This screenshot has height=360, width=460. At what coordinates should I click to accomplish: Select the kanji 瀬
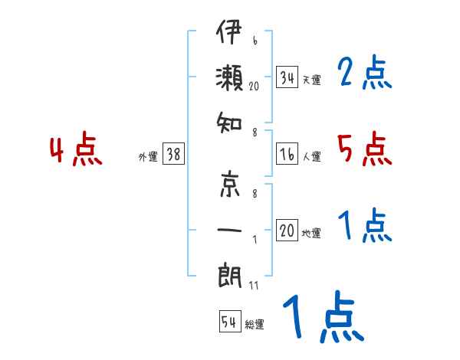click(x=229, y=78)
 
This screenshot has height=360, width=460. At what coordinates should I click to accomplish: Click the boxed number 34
click(x=287, y=77)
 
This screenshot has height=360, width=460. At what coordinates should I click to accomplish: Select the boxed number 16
click(x=287, y=154)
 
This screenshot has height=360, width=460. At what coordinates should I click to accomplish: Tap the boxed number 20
click(x=287, y=231)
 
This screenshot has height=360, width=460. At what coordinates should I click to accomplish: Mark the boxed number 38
click(x=173, y=154)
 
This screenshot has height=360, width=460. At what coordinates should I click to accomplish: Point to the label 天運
click(x=311, y=80)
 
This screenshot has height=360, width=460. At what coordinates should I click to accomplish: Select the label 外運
click(x=148, y=156)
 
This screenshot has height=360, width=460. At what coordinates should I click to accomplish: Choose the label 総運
click(x=255, y=324)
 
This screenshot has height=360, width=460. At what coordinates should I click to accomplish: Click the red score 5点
click(x=364, y=149)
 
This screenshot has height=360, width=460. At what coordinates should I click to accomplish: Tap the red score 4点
click(x=76, y=151)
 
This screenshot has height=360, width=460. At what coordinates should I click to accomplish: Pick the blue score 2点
click(x=365, y=74)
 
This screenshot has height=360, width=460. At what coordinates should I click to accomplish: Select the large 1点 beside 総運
click(x=322, y=318)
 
